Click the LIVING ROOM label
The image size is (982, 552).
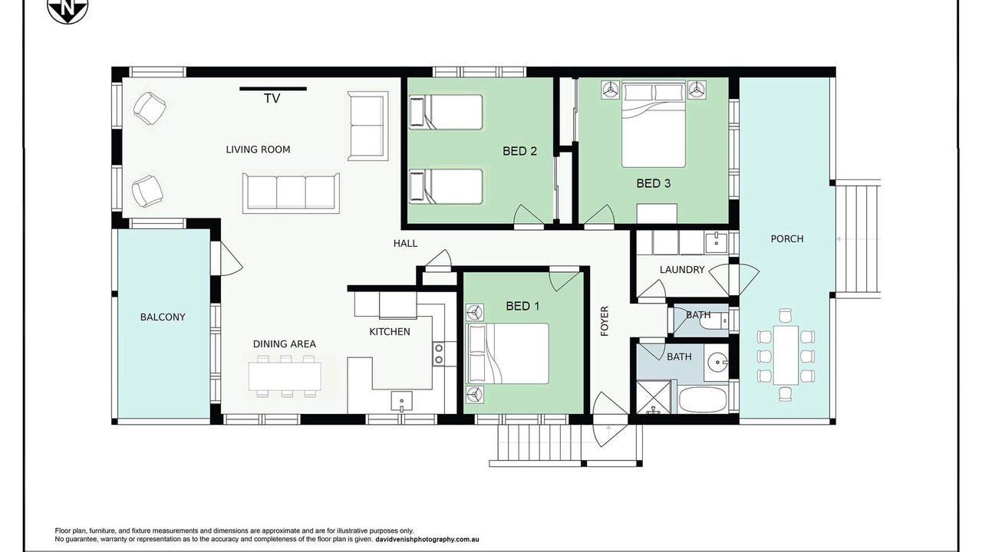click(258, 149)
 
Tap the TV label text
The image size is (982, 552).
click(272, 99)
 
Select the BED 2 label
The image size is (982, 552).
click(519, 151)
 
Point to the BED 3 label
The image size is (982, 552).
click(653, 183)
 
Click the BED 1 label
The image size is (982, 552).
click(522, 306)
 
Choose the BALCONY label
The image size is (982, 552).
click(163, 317)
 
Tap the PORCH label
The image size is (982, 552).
click(787, 238)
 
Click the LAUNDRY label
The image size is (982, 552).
click(682, 269)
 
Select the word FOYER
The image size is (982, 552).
click(605, 321)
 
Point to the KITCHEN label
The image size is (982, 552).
click(390, 332)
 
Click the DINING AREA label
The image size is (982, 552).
click(285, 344)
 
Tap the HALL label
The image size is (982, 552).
click(406, 243)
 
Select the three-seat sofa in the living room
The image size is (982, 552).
click(291, 192)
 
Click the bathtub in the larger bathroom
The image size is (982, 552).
click(703, 399)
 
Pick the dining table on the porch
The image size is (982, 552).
click(786, 355)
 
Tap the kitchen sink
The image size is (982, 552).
click(401, 402)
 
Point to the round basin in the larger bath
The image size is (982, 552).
click(717, 363)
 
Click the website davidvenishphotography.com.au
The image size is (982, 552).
click(427, 539)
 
